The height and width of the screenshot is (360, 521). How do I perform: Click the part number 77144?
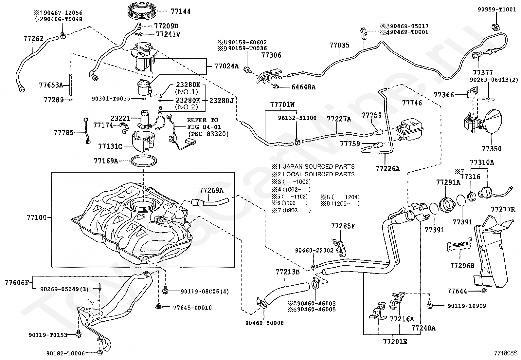tap(181, 11)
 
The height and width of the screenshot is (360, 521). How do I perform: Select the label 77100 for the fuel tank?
tap(37, 218)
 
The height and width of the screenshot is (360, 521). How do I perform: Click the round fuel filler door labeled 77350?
tap(492, 121)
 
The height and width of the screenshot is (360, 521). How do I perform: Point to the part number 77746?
tap(412, 103)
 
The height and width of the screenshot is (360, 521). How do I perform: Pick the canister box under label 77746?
tap(409, 129)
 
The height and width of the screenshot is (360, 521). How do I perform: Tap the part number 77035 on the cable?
tap(339, 45)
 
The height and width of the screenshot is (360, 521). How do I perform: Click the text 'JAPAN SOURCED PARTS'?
tap(319, 166)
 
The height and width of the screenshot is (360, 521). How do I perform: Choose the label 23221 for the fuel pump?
tap(120, 118)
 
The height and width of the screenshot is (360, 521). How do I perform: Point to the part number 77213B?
tap(287, 272)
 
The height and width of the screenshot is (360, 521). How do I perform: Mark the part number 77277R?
tap(503, 209)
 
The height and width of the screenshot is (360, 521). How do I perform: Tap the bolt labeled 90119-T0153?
tap(79, 333)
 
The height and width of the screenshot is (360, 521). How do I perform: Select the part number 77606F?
tap(17, 283)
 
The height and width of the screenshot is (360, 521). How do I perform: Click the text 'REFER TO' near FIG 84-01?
tap(203, 120)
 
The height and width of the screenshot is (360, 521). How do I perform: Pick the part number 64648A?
tap(303, 87)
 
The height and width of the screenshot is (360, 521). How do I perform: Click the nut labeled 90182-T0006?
tap(99, 353)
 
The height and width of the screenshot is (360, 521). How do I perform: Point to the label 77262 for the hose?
tap(33, 38)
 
